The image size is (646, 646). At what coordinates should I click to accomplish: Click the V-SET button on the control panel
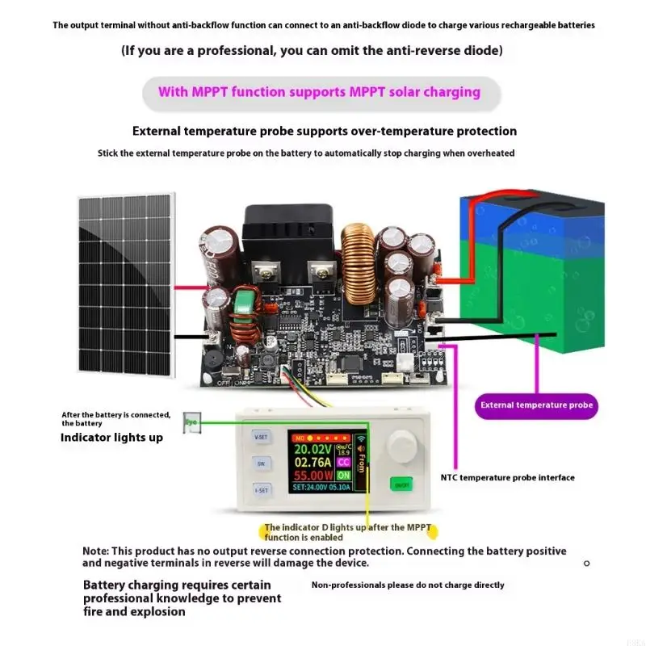point(261,436)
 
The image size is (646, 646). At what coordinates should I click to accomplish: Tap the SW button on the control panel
point(261,464)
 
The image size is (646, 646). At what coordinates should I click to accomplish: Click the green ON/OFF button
point(400,484)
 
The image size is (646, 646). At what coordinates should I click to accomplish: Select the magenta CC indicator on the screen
point(343,463)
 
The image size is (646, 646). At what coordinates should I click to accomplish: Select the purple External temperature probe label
point(536,405)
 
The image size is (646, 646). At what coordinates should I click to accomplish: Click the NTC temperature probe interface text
point(507,477)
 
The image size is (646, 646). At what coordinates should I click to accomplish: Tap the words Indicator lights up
point(111,438)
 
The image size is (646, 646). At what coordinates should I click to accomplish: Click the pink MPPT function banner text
point(319,92)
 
